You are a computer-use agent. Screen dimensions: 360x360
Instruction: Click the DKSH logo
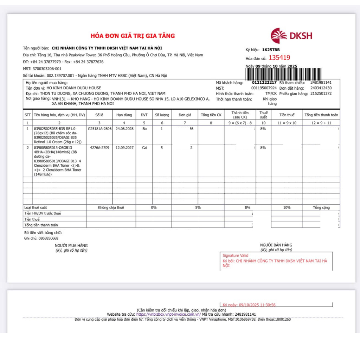coord(291,36)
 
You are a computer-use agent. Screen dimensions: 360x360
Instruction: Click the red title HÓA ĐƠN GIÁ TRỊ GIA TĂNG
coord(133,36)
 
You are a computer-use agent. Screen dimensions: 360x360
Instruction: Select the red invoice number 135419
coord(279,58)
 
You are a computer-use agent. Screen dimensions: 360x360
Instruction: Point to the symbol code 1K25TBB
coord(271,50)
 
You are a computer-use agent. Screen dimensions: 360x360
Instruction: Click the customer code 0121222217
coord(264,83)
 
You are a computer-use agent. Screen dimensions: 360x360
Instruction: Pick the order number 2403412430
coord(321,88)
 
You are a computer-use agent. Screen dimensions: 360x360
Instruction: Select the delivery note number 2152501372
coord(321,94)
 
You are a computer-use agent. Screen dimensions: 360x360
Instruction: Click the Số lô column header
coord(100,115)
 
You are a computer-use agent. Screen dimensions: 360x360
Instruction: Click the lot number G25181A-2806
coord(100,129)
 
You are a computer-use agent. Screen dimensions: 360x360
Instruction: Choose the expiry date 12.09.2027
coord(124,148)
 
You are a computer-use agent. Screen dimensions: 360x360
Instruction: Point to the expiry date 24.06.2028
coord(124,129)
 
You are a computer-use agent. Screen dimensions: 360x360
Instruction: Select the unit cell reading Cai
coord(144,148)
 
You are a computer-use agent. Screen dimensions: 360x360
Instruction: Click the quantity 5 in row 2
coord(162,148)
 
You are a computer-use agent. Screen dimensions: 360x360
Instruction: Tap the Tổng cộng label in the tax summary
coord(321,207)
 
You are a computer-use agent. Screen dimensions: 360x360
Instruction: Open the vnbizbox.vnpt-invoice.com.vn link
coord(166,314)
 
